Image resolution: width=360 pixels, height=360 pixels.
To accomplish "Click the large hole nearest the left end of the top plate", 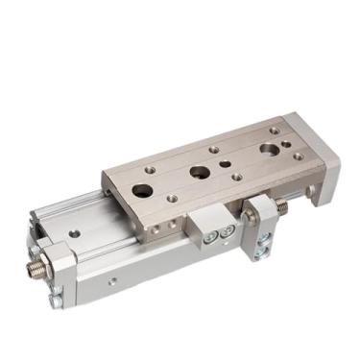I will click(144, 189).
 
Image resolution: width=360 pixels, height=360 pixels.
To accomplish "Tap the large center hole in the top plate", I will click(200, 173).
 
